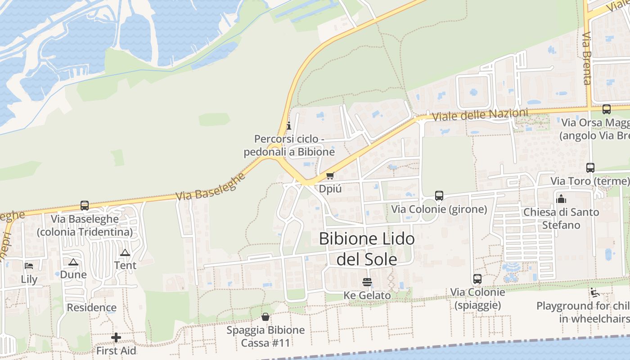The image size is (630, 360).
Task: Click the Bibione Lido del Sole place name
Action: point(367,249)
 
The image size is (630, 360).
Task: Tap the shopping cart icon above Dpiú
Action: point(330,175)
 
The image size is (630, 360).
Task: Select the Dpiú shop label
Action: point(330,189)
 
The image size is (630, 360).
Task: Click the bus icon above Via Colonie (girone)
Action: point(439,196)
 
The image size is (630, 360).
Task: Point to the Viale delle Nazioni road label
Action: point(480,114)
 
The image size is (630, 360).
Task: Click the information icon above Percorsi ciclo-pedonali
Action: point(289,126)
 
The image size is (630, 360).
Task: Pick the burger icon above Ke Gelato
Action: point(367,282)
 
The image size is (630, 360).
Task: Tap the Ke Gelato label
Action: point(367,296)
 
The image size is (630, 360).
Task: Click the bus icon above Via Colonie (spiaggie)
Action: point(477,279)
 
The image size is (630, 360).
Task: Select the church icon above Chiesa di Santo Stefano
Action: point(561,198)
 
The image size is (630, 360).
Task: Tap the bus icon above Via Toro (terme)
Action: point(590,168)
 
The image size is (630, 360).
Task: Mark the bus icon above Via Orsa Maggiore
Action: point(607,109)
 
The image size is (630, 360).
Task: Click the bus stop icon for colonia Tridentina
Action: point(85,206)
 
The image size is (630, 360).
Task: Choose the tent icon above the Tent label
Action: point(125,252)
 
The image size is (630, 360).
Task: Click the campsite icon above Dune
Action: point(73,261)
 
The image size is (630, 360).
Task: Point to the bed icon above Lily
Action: point(29,266)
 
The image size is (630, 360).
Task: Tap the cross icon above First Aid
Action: point(116,337)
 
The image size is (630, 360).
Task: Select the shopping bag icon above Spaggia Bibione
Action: point(265,317)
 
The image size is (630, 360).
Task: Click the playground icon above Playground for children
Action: point(595,292)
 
